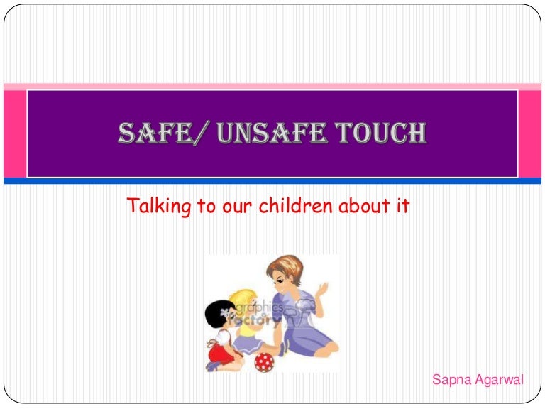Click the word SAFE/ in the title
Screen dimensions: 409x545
pos(151,133)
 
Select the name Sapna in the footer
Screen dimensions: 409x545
pos(451,380)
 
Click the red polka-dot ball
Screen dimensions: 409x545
pos(265,361)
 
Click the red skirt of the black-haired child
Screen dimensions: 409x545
pos(216,351)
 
